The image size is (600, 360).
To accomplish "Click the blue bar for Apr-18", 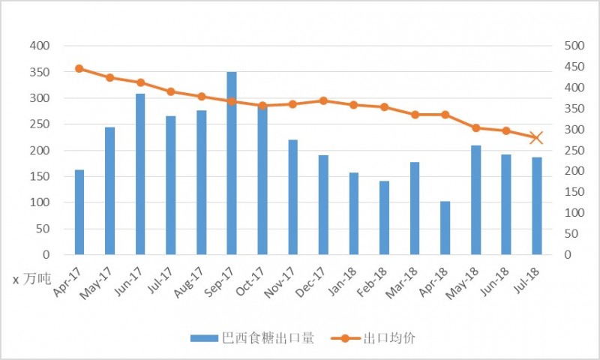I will (x=445, y=228).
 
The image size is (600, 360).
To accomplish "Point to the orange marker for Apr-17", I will (x=79, y=68).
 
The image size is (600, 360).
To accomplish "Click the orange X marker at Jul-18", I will (x=536, y=137).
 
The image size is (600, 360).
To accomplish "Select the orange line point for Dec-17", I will (x=323, y=100).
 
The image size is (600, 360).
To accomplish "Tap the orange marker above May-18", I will (x=475, y=127).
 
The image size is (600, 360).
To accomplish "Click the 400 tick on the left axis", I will (x=40, y=46).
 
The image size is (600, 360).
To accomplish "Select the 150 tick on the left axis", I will (x=40, y=177).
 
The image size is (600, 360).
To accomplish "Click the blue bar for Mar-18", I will (x=415, y=208).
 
